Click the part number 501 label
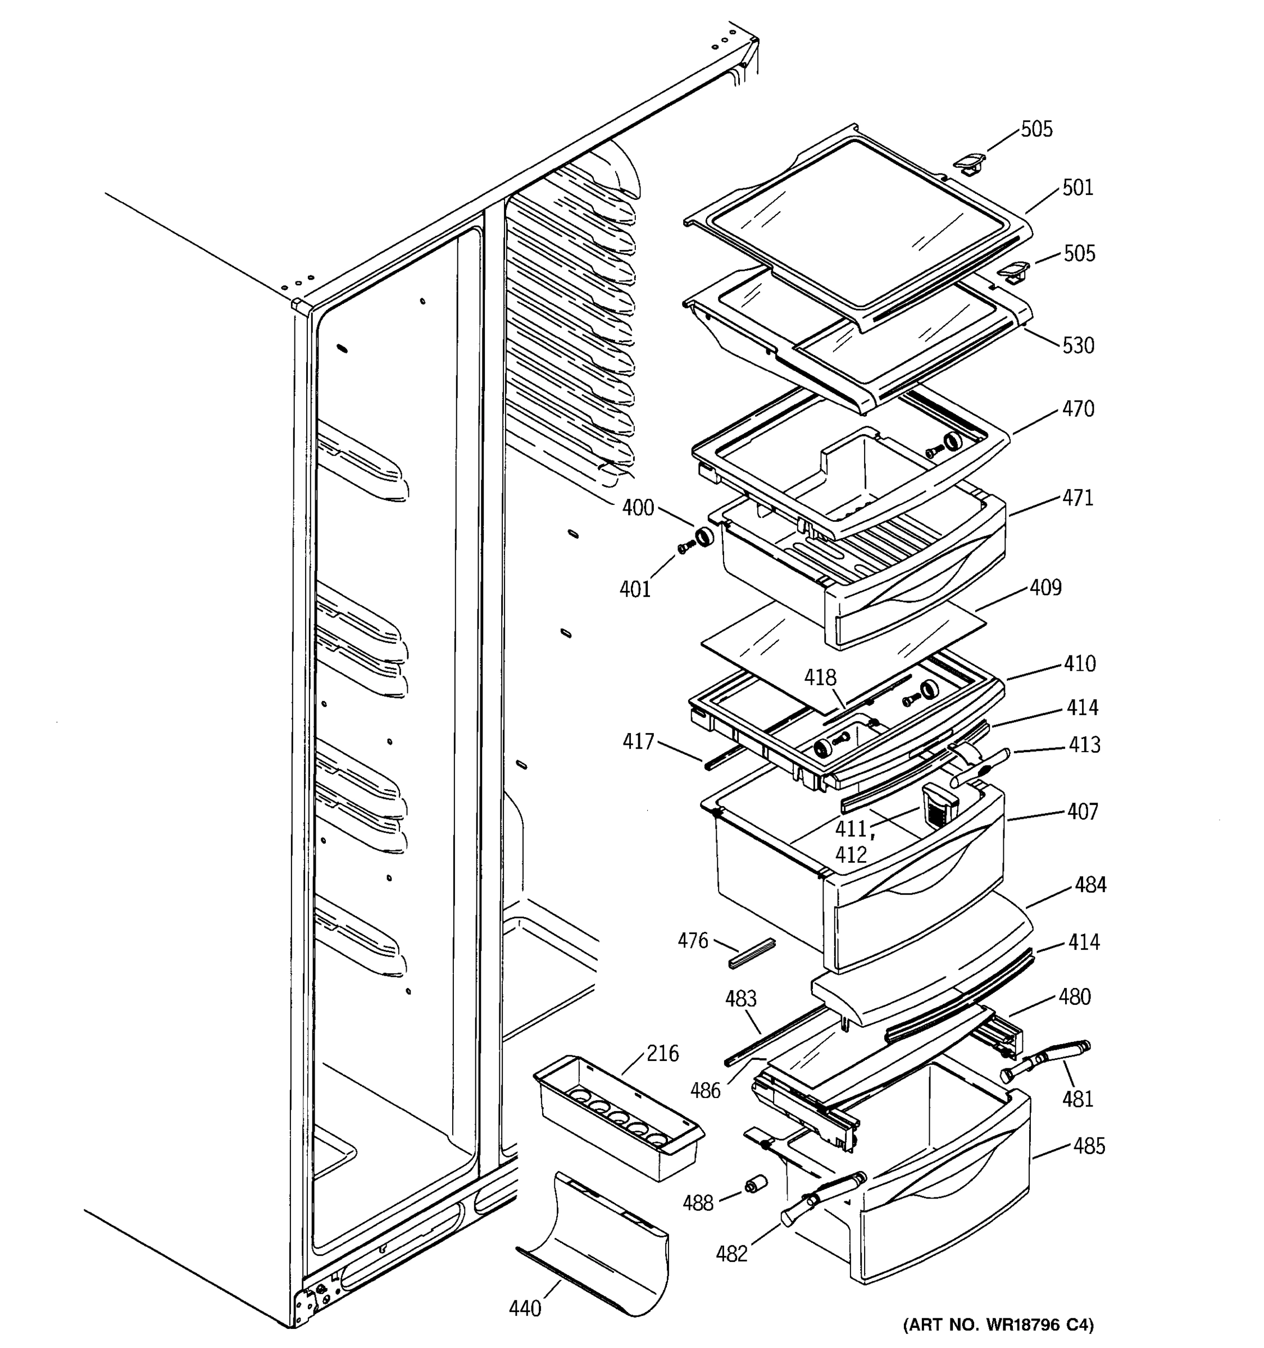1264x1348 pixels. (1077, 187)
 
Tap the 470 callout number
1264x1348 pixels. (1078, 409)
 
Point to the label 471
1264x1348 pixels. (1077, 498)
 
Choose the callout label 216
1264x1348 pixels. (662, 1053)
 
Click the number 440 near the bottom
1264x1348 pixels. (525, 1308)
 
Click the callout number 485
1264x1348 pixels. (1089, 1146)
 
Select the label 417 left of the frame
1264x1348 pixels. (638, 742)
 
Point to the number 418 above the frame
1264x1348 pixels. (821, 677)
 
